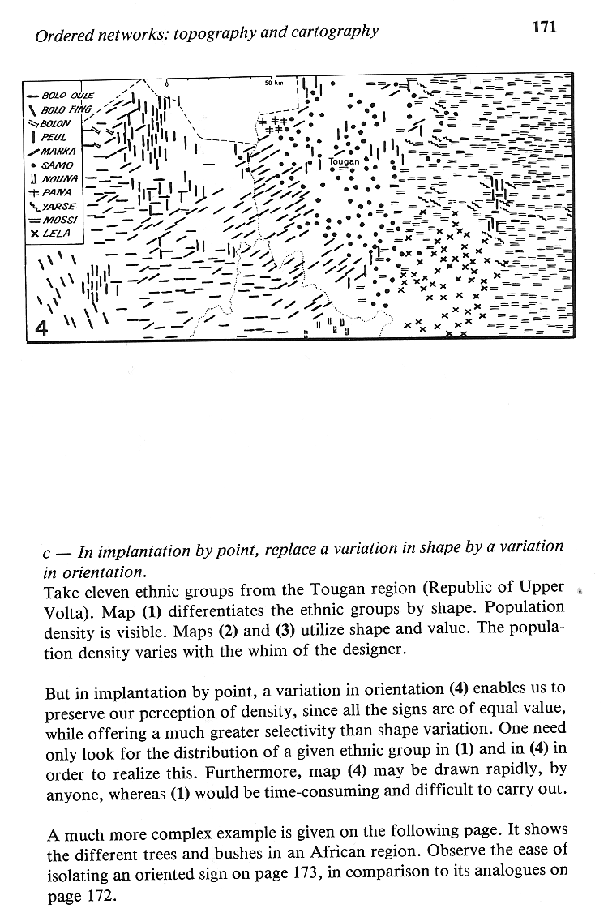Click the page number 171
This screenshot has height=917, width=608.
pyautogui.click(x=543, y=27)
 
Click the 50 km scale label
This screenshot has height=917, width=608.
pyautogui.click(x=273, y=83)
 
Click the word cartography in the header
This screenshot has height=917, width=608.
pyautogui.click(x=332, y=32)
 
